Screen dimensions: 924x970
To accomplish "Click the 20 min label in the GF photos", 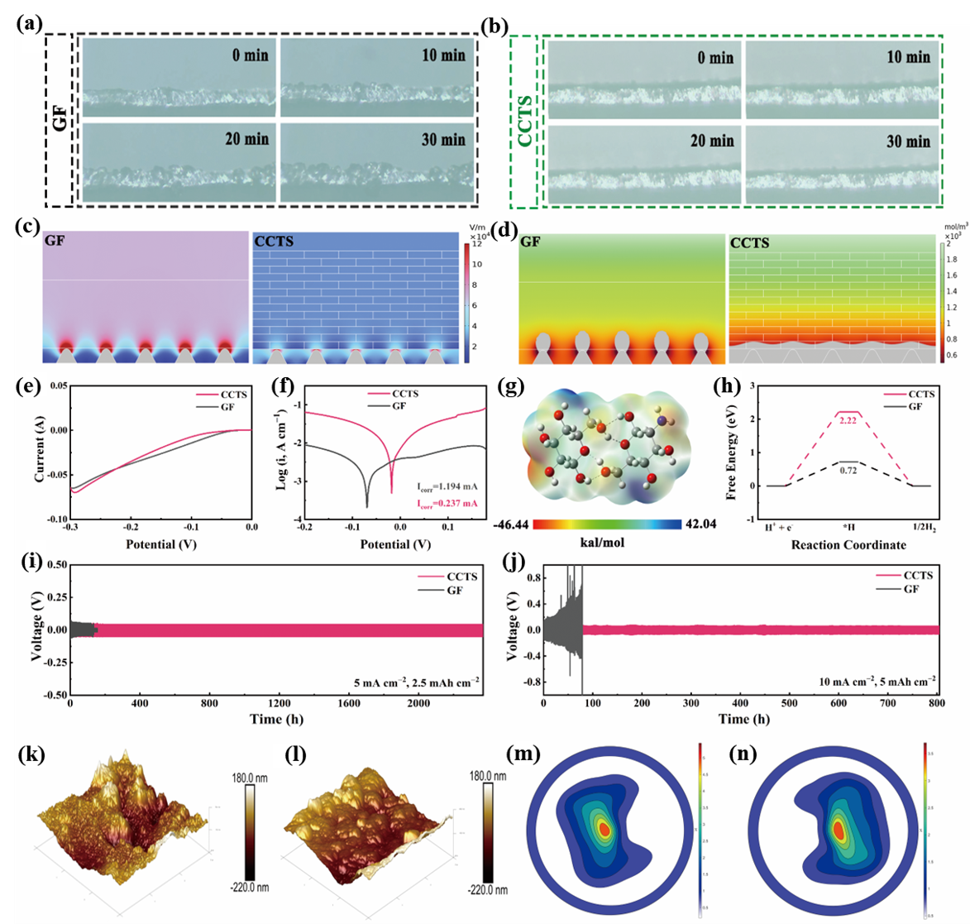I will pos(246,139).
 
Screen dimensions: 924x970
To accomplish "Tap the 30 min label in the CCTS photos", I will pos(908,141).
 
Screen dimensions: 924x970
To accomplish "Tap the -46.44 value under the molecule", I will pos(510,524).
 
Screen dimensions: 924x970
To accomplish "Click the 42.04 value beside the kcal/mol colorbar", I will pos(700,524).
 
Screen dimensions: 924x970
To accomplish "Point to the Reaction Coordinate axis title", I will pos(848,544).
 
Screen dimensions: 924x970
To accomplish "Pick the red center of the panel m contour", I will pos(604,829).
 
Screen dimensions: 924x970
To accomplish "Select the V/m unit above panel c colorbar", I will pos(475,226).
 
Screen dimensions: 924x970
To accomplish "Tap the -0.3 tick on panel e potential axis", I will pos(69,526).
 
